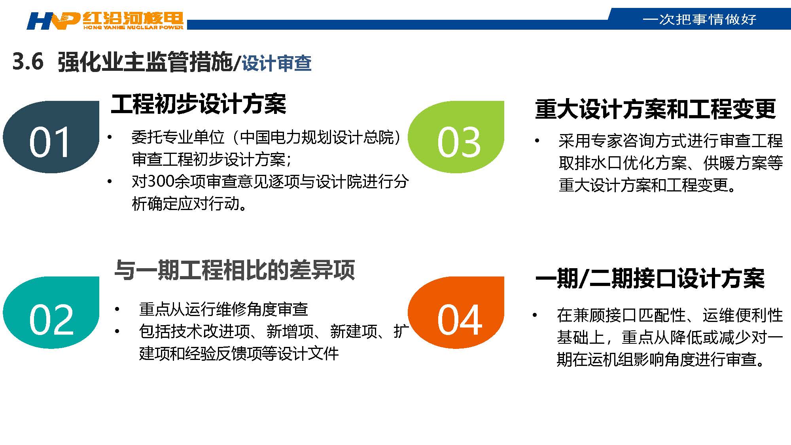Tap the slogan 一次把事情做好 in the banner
point(700,19)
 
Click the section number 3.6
point(28,62)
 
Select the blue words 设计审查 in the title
point(276,63)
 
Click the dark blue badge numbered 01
point(51,137)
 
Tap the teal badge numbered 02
point(51,312)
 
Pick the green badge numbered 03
point(456,137)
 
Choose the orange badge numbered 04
point(456,312)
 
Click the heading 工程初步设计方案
point(199,104)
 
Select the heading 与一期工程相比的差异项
point(235,270)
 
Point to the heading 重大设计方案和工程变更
point(655,109)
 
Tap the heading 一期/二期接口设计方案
point(650,278)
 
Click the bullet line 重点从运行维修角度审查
point(223,309)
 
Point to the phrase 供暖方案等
point(743,163)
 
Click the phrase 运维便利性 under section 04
point(743,315)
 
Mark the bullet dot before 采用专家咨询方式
point(537,141)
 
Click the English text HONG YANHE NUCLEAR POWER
point(133,27)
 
